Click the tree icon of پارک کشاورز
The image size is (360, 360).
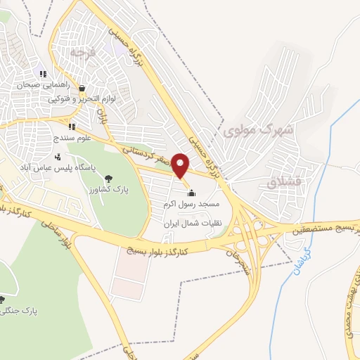click(108, 179)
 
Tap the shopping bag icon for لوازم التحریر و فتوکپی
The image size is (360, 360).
click(82, 89)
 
